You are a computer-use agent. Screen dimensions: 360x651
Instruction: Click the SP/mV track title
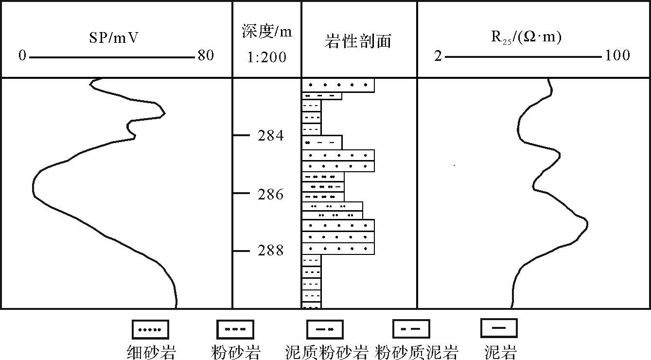tap(116, 37)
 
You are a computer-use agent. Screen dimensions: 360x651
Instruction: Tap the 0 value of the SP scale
tap(22, 56)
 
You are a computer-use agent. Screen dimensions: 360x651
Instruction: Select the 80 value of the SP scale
tap(205, 56)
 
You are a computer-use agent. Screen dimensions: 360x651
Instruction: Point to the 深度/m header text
tap(267, 33)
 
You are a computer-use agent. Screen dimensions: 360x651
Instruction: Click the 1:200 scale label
tap(267, 57)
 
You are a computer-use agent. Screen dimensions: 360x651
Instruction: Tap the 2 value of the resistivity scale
tap(438, 56)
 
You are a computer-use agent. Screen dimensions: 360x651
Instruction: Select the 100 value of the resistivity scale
tap(617, 56)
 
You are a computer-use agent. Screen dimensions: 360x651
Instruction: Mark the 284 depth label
tap(271, 136)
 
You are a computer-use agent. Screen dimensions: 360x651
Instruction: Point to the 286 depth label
tap(271, 195)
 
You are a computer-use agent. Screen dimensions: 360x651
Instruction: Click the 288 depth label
tap(271, 251)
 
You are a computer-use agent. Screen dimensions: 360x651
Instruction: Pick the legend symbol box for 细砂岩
tap(151, 329)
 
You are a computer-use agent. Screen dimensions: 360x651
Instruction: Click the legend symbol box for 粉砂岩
tap(235, 329)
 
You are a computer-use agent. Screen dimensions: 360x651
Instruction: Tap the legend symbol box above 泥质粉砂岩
tap(324, 329)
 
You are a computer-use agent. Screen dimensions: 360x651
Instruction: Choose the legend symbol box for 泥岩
tap(498, 328)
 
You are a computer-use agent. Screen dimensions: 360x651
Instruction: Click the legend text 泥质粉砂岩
tap(326, 352)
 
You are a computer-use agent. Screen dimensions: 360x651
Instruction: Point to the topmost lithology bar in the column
tap(338, 85)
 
